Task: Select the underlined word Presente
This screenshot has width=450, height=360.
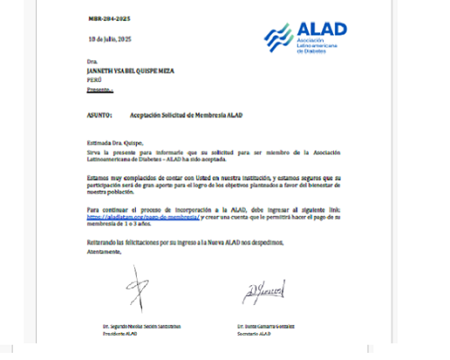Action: coord(99,90)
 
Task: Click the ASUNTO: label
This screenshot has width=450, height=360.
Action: coord(99,115)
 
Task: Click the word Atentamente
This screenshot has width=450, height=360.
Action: coord(106,252)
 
